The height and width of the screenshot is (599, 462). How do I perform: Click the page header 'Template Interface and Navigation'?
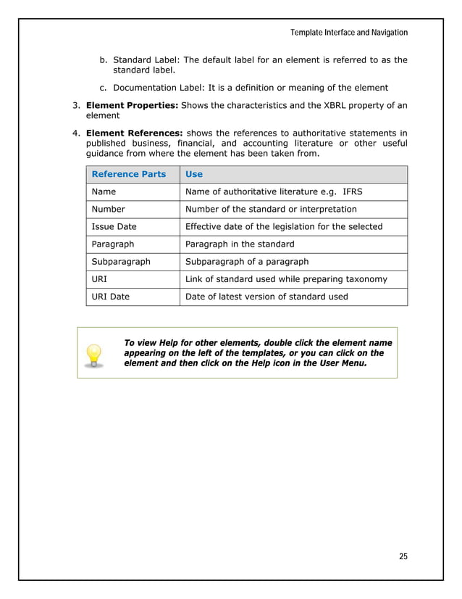point(348,33)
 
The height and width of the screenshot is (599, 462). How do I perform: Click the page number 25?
point(403,556)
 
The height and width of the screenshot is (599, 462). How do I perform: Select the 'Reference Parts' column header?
point(129,174)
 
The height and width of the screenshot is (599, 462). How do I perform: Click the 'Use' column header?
point(194,174)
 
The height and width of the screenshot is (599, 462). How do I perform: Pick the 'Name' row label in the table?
point(104,191)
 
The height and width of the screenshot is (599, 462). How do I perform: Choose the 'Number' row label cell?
point(108,209)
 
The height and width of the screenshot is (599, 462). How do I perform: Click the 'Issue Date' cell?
point(114,226)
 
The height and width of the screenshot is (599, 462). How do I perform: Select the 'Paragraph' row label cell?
point(112,244)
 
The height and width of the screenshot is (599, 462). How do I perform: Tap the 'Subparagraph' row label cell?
point(120,261)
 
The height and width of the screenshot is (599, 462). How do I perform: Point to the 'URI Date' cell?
point(110,296)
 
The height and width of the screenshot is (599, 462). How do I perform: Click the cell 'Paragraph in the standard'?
point(240,244)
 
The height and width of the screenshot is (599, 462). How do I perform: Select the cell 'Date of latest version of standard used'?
point(266,296)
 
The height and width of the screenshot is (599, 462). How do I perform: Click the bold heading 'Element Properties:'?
point(132,106)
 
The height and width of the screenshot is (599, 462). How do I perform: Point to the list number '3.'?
point(76,106)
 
